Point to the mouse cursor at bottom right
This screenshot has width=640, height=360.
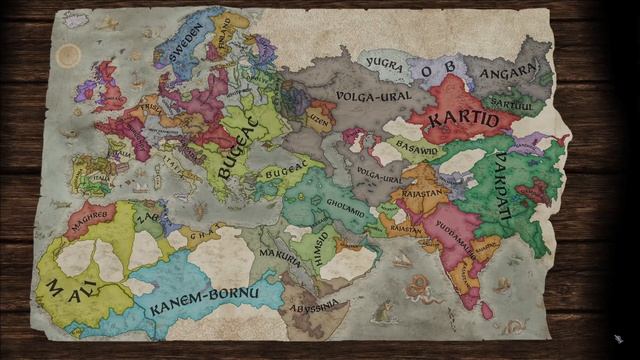click(x=619, y=341)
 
